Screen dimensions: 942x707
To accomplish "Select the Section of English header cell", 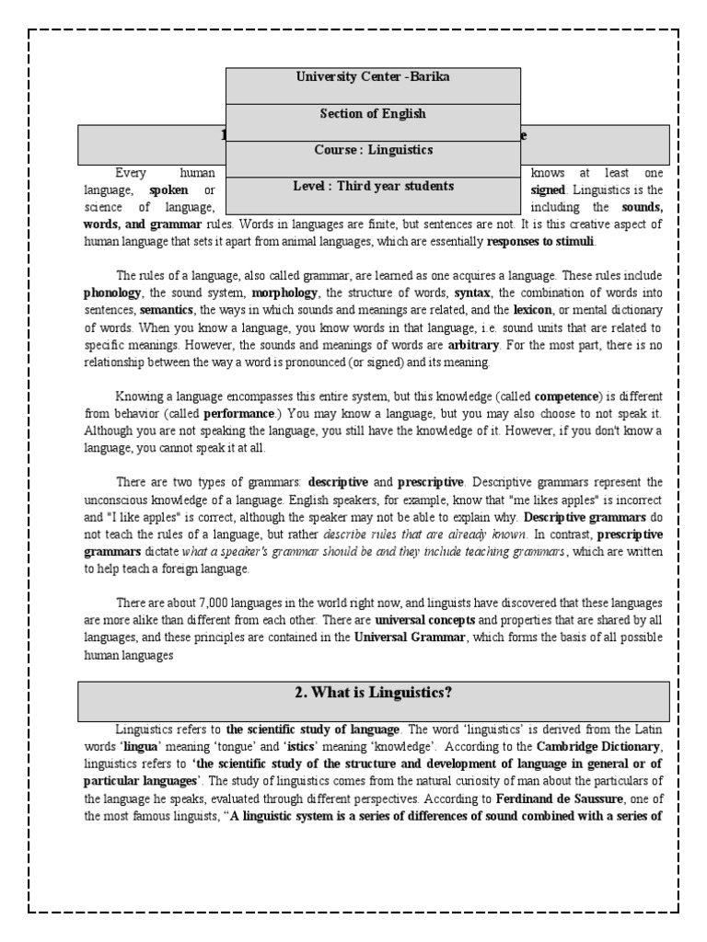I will click(373, 114).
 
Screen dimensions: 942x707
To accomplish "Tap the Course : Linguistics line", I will click(373, 149).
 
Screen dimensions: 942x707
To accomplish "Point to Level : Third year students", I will click(373, 186).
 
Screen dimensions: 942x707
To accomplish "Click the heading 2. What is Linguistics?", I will click(373, 693).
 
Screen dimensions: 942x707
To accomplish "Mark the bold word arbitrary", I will click(473, 345).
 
